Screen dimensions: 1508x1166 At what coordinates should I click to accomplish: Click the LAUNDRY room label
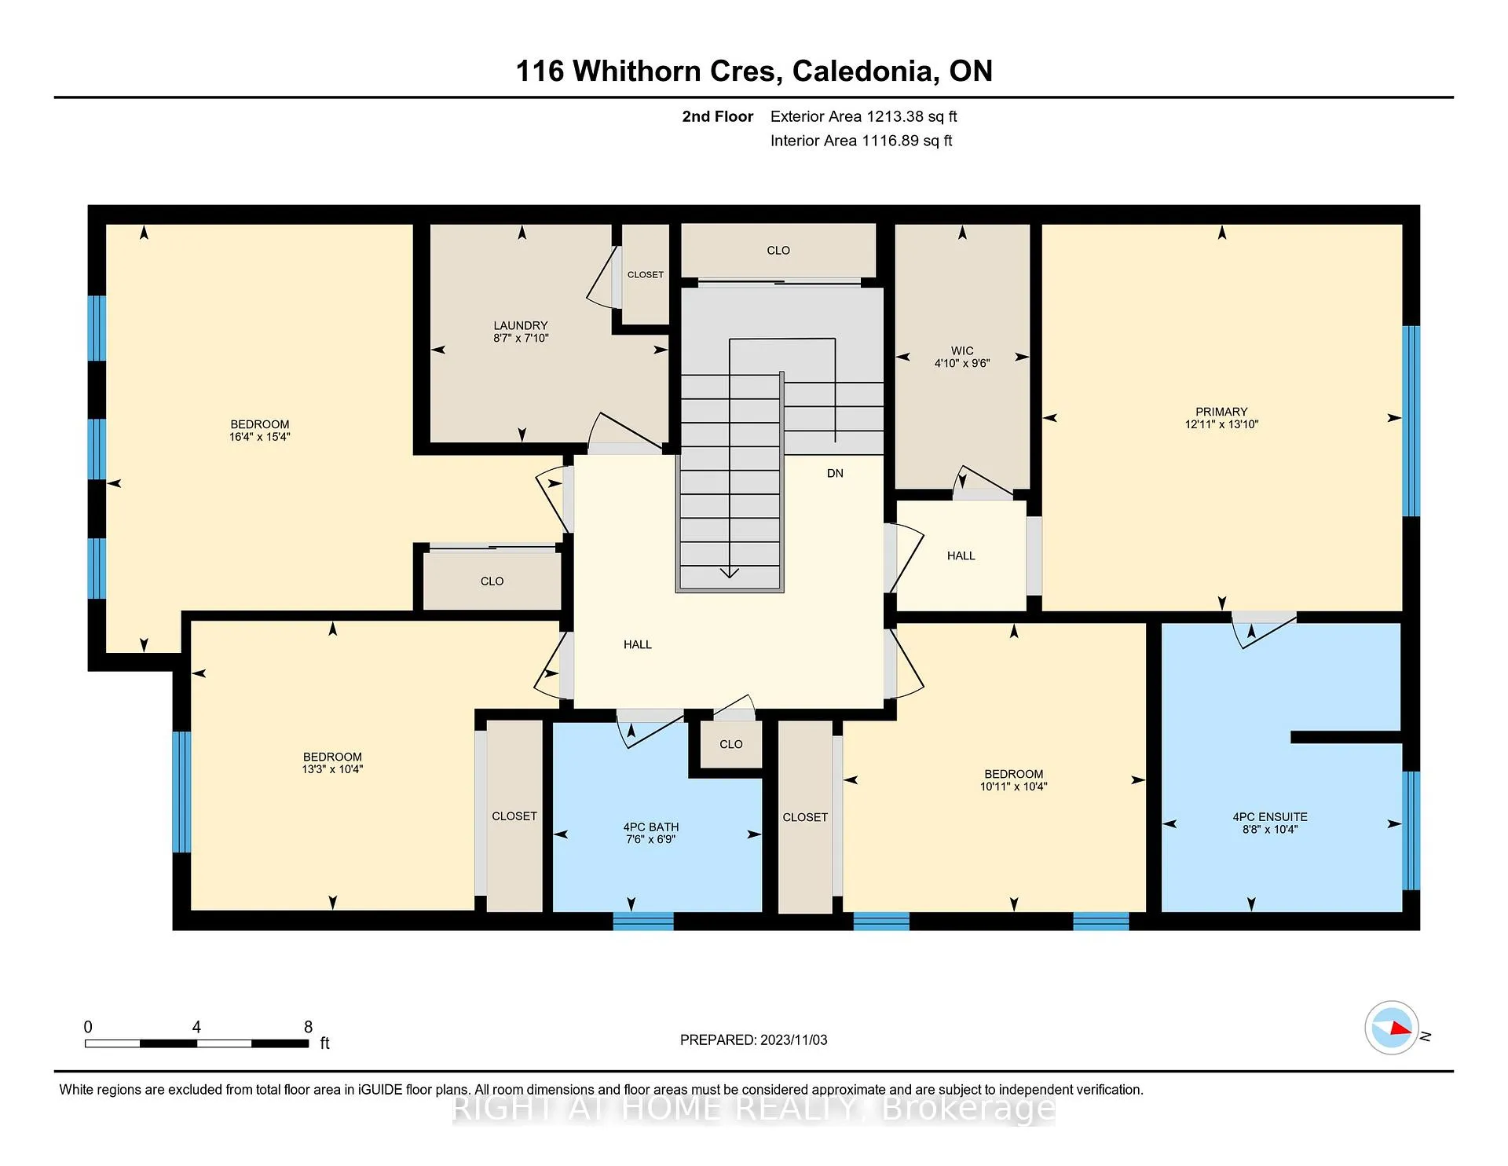(521, 325)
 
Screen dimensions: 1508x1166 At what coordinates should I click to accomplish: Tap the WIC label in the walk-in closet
(962, 350)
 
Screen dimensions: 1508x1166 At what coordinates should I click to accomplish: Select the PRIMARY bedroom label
(1221, 412)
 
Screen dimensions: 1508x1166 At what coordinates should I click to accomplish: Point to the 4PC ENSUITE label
(1270, 817)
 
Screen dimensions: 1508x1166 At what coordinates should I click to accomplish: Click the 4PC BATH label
(651, 827)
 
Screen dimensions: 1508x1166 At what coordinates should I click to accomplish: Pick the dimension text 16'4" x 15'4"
(260, 437)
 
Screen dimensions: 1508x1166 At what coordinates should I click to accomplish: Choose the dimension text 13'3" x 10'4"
(332, 769)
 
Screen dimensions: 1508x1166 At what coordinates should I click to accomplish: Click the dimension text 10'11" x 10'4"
(1014, 786)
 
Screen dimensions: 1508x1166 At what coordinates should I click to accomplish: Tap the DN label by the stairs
(835, 473)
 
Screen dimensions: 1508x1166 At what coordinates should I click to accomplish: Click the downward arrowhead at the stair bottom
(730, 573)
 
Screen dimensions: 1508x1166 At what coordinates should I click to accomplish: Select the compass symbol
(1392, 1028)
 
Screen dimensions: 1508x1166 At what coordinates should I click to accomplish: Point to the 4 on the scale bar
(196, 1027)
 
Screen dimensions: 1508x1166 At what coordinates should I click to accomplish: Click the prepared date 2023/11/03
(793, 1039)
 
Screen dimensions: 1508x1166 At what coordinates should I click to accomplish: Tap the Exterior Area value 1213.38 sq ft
(912, 116)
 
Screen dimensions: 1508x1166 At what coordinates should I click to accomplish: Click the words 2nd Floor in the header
(717, 116)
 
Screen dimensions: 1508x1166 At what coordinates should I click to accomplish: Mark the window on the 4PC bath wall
(643, 921)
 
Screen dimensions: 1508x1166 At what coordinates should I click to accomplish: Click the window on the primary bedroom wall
(1411, 421)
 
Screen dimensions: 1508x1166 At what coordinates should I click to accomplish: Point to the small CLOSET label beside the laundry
(646, 274)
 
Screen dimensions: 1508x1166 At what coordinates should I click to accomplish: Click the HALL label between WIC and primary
(961, 555)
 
